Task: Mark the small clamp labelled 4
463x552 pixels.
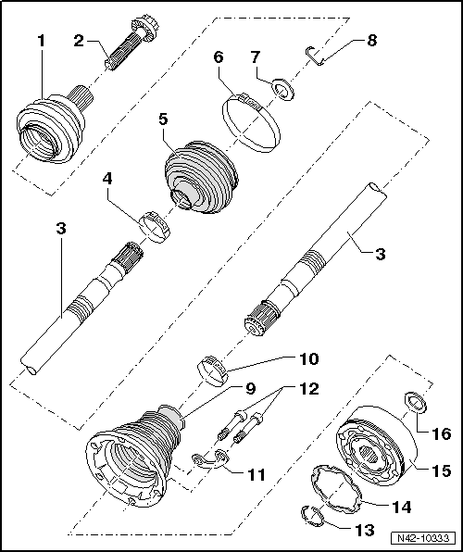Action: (x=154, y=227)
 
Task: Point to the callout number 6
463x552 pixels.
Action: (x=219, y=57)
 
